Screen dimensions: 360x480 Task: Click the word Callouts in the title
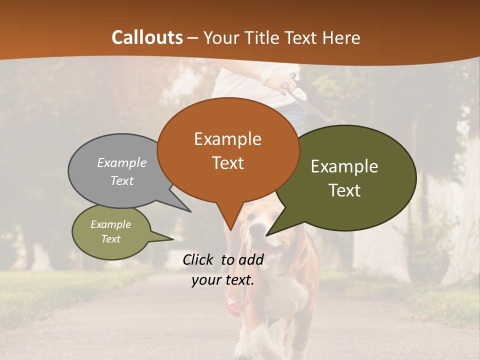coord(147,37)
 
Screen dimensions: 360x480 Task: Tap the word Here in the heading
coord(341,37)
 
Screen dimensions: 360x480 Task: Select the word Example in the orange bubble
coord(227,139)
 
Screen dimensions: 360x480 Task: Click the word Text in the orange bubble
coord(227,163)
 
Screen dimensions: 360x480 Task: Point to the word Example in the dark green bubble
coord(344,166)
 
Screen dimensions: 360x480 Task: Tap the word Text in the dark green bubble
coord(344,190)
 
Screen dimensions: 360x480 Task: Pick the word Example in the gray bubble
coord(122,162)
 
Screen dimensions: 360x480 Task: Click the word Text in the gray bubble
coord(122,180)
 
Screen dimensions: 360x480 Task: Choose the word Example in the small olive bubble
coord(110,224)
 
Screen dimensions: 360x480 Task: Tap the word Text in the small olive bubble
coord(110,239)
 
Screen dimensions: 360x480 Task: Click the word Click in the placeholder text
coord(199,259)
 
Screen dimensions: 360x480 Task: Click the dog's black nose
coord(257,229)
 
